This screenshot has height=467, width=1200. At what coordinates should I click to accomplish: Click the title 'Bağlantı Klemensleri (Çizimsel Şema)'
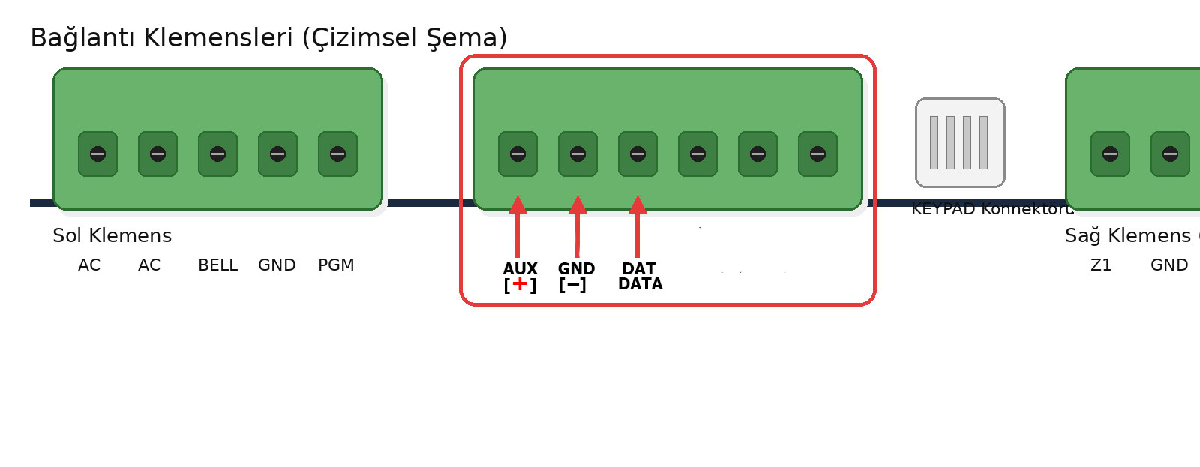coord(268,37)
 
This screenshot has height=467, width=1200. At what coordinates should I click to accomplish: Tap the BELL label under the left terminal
coord(217,265)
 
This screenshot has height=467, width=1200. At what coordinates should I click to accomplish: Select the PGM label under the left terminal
coord(336,265)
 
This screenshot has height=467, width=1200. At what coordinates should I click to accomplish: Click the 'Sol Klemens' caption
coord(112,235)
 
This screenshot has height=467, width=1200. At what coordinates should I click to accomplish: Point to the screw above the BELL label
coord(217,154)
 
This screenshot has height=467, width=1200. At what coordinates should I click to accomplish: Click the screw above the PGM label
coord(337,154)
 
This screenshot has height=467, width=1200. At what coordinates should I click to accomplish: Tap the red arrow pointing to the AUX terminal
coord(517,225)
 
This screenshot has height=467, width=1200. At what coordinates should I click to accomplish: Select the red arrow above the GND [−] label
coord(577,225)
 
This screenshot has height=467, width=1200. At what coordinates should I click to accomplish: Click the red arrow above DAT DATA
coord(637,225)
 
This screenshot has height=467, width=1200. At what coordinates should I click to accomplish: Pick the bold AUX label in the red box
coord(520,268)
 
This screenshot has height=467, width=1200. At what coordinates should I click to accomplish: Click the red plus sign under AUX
coord(520,283)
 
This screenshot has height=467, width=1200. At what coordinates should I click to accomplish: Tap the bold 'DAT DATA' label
coord(640,276)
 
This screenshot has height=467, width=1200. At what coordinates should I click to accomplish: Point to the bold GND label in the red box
coord(576,268)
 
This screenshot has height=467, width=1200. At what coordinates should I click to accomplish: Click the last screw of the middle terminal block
coord(817,154)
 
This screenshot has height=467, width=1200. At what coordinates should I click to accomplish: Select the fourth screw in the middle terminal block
coord(697,154)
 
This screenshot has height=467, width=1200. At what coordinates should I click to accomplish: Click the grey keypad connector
coord(960,142)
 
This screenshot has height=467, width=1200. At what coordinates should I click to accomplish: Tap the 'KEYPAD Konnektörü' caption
coord(991,209)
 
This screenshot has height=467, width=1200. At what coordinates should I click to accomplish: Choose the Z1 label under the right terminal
coord(1101,265)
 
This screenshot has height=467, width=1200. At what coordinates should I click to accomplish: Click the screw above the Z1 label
coord(1110,154)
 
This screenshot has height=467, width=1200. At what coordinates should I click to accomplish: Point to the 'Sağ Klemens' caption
coord(1127,235)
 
